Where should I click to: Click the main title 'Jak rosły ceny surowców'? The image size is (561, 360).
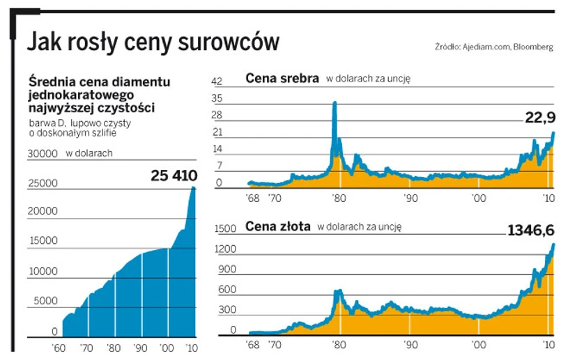153,42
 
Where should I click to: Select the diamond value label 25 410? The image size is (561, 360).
174,175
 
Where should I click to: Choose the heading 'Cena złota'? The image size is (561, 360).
278,226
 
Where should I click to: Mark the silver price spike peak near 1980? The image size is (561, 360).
335,104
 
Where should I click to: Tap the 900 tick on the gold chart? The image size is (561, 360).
227,269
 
